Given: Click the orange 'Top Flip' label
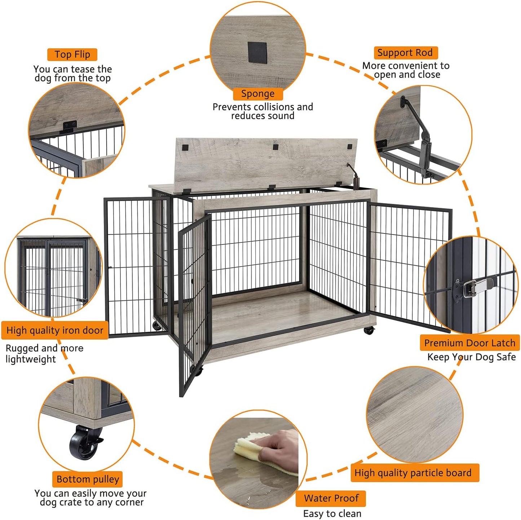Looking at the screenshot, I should click(72, 54).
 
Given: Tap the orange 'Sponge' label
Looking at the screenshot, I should click(257, 94).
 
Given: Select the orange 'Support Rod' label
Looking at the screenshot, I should click(405, 53).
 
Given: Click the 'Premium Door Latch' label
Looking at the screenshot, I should click(469, 343).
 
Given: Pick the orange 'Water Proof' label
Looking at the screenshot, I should click(331, 498).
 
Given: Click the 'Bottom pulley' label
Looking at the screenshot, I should click(88, 479).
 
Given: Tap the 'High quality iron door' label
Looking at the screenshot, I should click(55, 330).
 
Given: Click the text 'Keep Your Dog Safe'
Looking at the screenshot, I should click(471, 357).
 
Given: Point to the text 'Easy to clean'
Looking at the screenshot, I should click(332, 513).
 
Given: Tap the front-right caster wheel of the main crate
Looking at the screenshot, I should click(368, 330).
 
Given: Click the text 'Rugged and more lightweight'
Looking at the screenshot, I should click(44, 354).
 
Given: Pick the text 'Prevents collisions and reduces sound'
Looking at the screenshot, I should click(262, 111).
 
